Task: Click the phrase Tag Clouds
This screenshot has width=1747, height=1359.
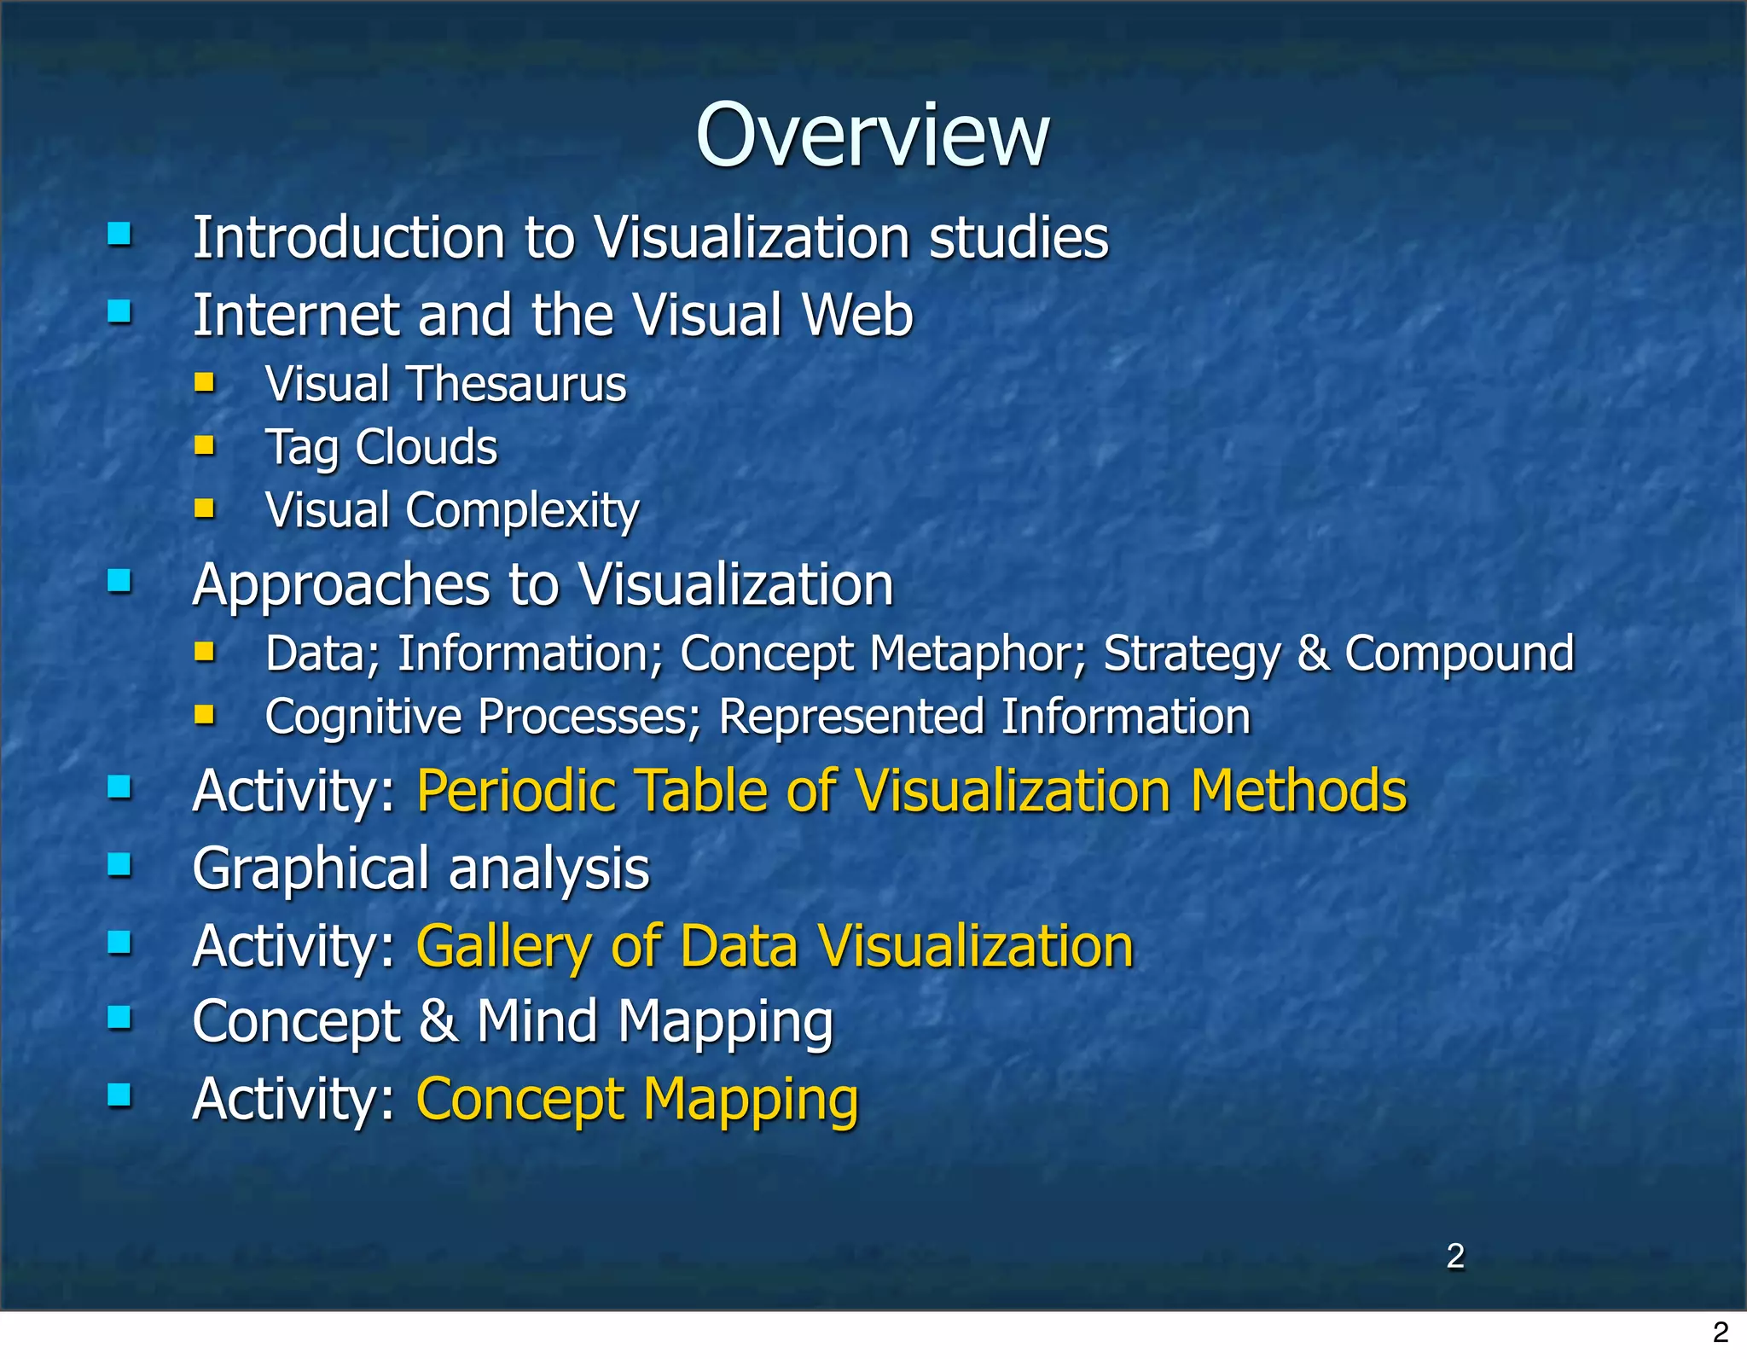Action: [381, 447]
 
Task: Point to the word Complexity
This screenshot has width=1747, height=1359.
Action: [522, 511]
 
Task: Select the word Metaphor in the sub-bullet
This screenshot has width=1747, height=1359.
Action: [977, 654]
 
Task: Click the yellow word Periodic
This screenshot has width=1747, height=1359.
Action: [516, 791]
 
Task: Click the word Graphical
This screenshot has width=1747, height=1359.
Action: [311, 869]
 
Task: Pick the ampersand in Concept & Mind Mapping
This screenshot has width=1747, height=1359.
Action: [438, 1021]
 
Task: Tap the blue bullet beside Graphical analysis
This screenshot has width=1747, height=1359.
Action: [119, 865]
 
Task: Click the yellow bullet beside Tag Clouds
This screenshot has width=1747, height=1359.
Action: [204, 444]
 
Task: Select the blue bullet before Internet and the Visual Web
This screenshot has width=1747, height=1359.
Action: [119, 312]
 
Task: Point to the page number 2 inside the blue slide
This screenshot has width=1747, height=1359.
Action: [1455, 1256]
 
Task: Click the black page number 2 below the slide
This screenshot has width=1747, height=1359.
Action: [1721, 1333]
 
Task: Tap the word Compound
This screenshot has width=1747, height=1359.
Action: [1459, 654]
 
